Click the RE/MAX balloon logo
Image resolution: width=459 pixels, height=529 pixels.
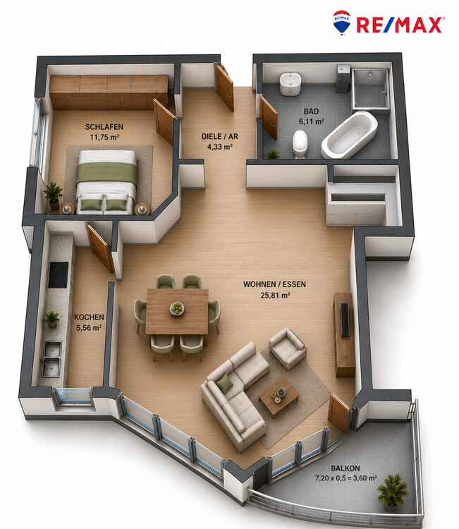pyautogui.click(x=342, y=23)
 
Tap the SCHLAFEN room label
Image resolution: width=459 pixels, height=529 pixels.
pyautogui.click(x=104, y=127)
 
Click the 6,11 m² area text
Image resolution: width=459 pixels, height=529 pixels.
pyautogui.click(x=311, y=121)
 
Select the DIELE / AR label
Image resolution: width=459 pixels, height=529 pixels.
pyautogui.click(x=219, y=136)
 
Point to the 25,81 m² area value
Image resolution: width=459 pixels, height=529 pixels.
pyautogui.click(x=275, y=296)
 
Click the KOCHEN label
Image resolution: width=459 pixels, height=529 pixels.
pyautogui.click(x=89, y=317)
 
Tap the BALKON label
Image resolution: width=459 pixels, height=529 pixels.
pyautogui.click(x=345, y=468)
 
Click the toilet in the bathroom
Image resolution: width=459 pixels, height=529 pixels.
pyautogui.click(x=300, y=144)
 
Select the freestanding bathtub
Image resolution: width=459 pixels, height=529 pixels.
pyautogui.click(x=349, y=135)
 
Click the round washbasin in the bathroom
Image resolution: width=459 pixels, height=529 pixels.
pyautogui.click(x=290, y=83)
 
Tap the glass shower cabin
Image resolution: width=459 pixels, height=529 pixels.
pyautogui.click(x=369, y=89)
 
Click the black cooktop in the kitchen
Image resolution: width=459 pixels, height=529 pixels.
pyautogui.click(x=58, y=274)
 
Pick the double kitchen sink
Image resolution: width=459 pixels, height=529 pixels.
pyautogui.click(x=51, y=358)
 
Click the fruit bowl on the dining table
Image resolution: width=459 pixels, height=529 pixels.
pyautogui.click(x=177, y=308)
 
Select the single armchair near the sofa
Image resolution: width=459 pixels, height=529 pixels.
pyautogui.click(x=288, y=348)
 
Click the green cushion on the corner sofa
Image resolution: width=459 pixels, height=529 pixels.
pyautogui.click(x=224, y=384)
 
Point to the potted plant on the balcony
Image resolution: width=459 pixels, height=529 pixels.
pyautogui.click(x=393, y=491)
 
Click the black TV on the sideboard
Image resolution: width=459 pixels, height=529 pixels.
pyautogui.click(x=345, y=320)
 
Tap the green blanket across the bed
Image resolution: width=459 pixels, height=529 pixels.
pyautogui.click(x=106, y=173)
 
